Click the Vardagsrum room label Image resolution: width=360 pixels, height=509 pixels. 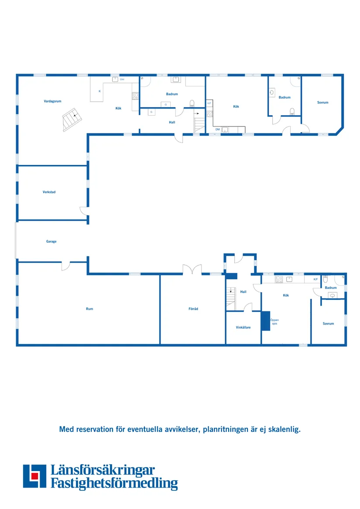pyautogui.click(x=52, y=101)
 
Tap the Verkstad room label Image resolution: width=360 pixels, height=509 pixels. pyautogui.click(x=49, y=192)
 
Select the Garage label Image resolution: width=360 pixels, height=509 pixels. pyautogui.click(x=51, y=242)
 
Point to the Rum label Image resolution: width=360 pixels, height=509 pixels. pyautogui.click(x=89, y=309)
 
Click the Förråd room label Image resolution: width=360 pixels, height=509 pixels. pyautogui.click(x=193, y=309)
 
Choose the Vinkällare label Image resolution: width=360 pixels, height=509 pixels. pyautogui.click(x=243, y=328)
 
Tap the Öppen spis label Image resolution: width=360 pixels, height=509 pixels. pyautogui.click(x=274, y=322)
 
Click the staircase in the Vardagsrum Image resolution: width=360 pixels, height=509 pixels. pyautogui.click(x=72, y=120)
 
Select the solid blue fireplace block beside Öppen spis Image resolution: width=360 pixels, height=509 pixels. pyautogui.click(x=265, y=321)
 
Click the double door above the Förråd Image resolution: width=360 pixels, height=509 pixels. pyautogui.click(x=192, y=270)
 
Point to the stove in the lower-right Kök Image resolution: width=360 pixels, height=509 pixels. pyautogui.click(x=279, y=279)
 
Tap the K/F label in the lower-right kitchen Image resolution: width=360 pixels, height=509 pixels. pyautogui.click(x=315, y=279)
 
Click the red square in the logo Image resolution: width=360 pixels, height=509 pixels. pyautogui.click(x=35, y=476)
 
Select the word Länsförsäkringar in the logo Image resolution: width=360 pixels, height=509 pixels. pyautogui.click(x=103, y=470)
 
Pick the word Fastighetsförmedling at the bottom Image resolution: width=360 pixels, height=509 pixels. pyautogui.click(x=114, y=483)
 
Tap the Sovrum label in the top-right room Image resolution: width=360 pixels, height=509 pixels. pyautogui.click(x=322, y=102)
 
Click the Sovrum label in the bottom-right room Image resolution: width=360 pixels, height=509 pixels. pyautogui.click(x=328, y=324)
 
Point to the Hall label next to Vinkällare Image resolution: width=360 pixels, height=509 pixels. pyautogui.click(x=243, y=292)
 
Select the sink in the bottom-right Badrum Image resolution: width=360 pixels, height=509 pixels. pyautogui.click(x=333, y=295)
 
